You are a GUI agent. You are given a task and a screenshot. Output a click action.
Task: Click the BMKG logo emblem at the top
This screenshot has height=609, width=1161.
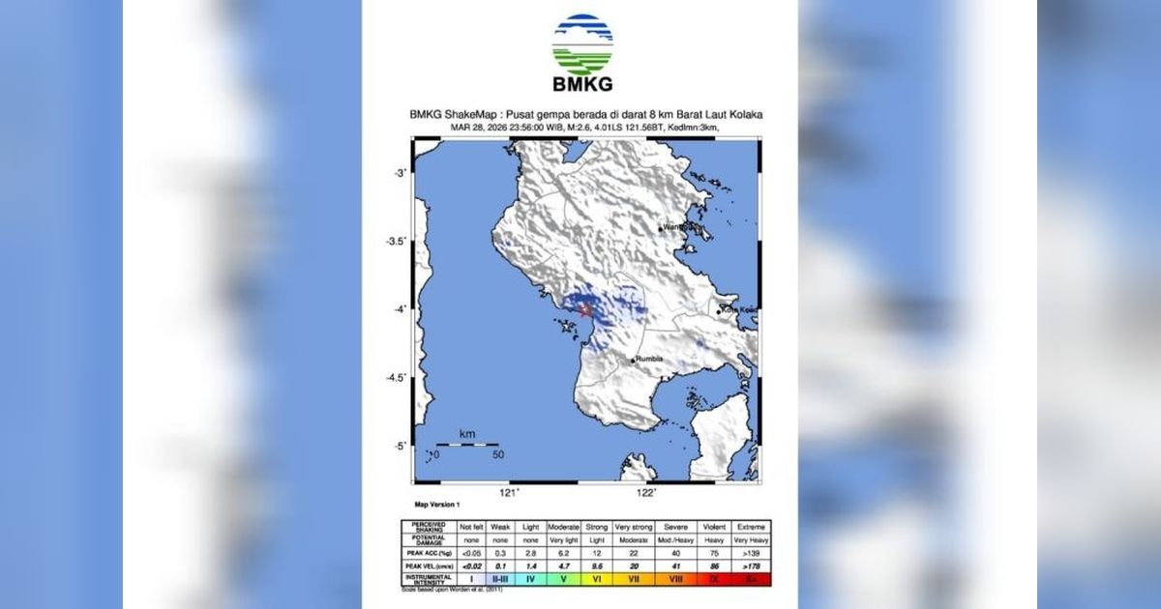click(582, 43)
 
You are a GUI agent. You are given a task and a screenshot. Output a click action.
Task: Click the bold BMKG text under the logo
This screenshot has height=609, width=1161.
click(582, 85)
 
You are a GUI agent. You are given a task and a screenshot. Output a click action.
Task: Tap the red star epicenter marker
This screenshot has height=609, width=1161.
click(586, 310)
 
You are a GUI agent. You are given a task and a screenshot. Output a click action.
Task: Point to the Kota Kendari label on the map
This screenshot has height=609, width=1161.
click(736, 310)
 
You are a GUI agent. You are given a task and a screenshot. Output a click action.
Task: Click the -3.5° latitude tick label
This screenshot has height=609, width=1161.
click(395, 241)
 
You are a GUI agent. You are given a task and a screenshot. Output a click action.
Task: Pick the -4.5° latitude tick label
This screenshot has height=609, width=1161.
click(395, 377)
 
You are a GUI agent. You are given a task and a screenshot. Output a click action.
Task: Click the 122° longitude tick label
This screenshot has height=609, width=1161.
click(647, 494)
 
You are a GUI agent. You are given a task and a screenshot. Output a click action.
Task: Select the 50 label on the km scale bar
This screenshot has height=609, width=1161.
click(497, 454)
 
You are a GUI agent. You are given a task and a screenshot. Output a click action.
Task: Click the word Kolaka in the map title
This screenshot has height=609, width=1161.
click(745, 114)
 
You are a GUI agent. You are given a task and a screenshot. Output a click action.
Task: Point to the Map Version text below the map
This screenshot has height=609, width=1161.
click(437, 505)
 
